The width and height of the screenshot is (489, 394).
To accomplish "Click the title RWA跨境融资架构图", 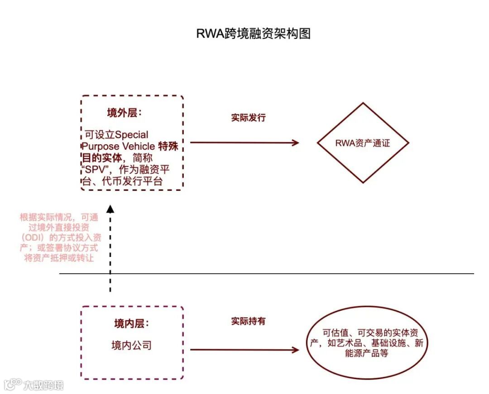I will click(x=253, y=34).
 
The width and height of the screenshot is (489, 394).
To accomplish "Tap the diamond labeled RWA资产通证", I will click(x=363, y=143).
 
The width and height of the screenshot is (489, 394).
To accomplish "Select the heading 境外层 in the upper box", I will click(x=124, y=113).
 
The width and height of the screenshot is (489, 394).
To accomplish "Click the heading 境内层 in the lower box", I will click(x=131, y=324).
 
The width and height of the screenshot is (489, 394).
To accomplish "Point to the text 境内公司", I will click(x=131, y=346).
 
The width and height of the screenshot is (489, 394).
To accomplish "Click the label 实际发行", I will click(x=248, y=118).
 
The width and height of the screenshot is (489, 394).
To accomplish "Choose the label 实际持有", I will click(x=248, y=321).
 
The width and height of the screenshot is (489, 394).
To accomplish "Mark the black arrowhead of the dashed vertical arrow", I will click(x=110, y=209).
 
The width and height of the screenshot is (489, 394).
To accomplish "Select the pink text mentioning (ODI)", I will click(x=59, y=237).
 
